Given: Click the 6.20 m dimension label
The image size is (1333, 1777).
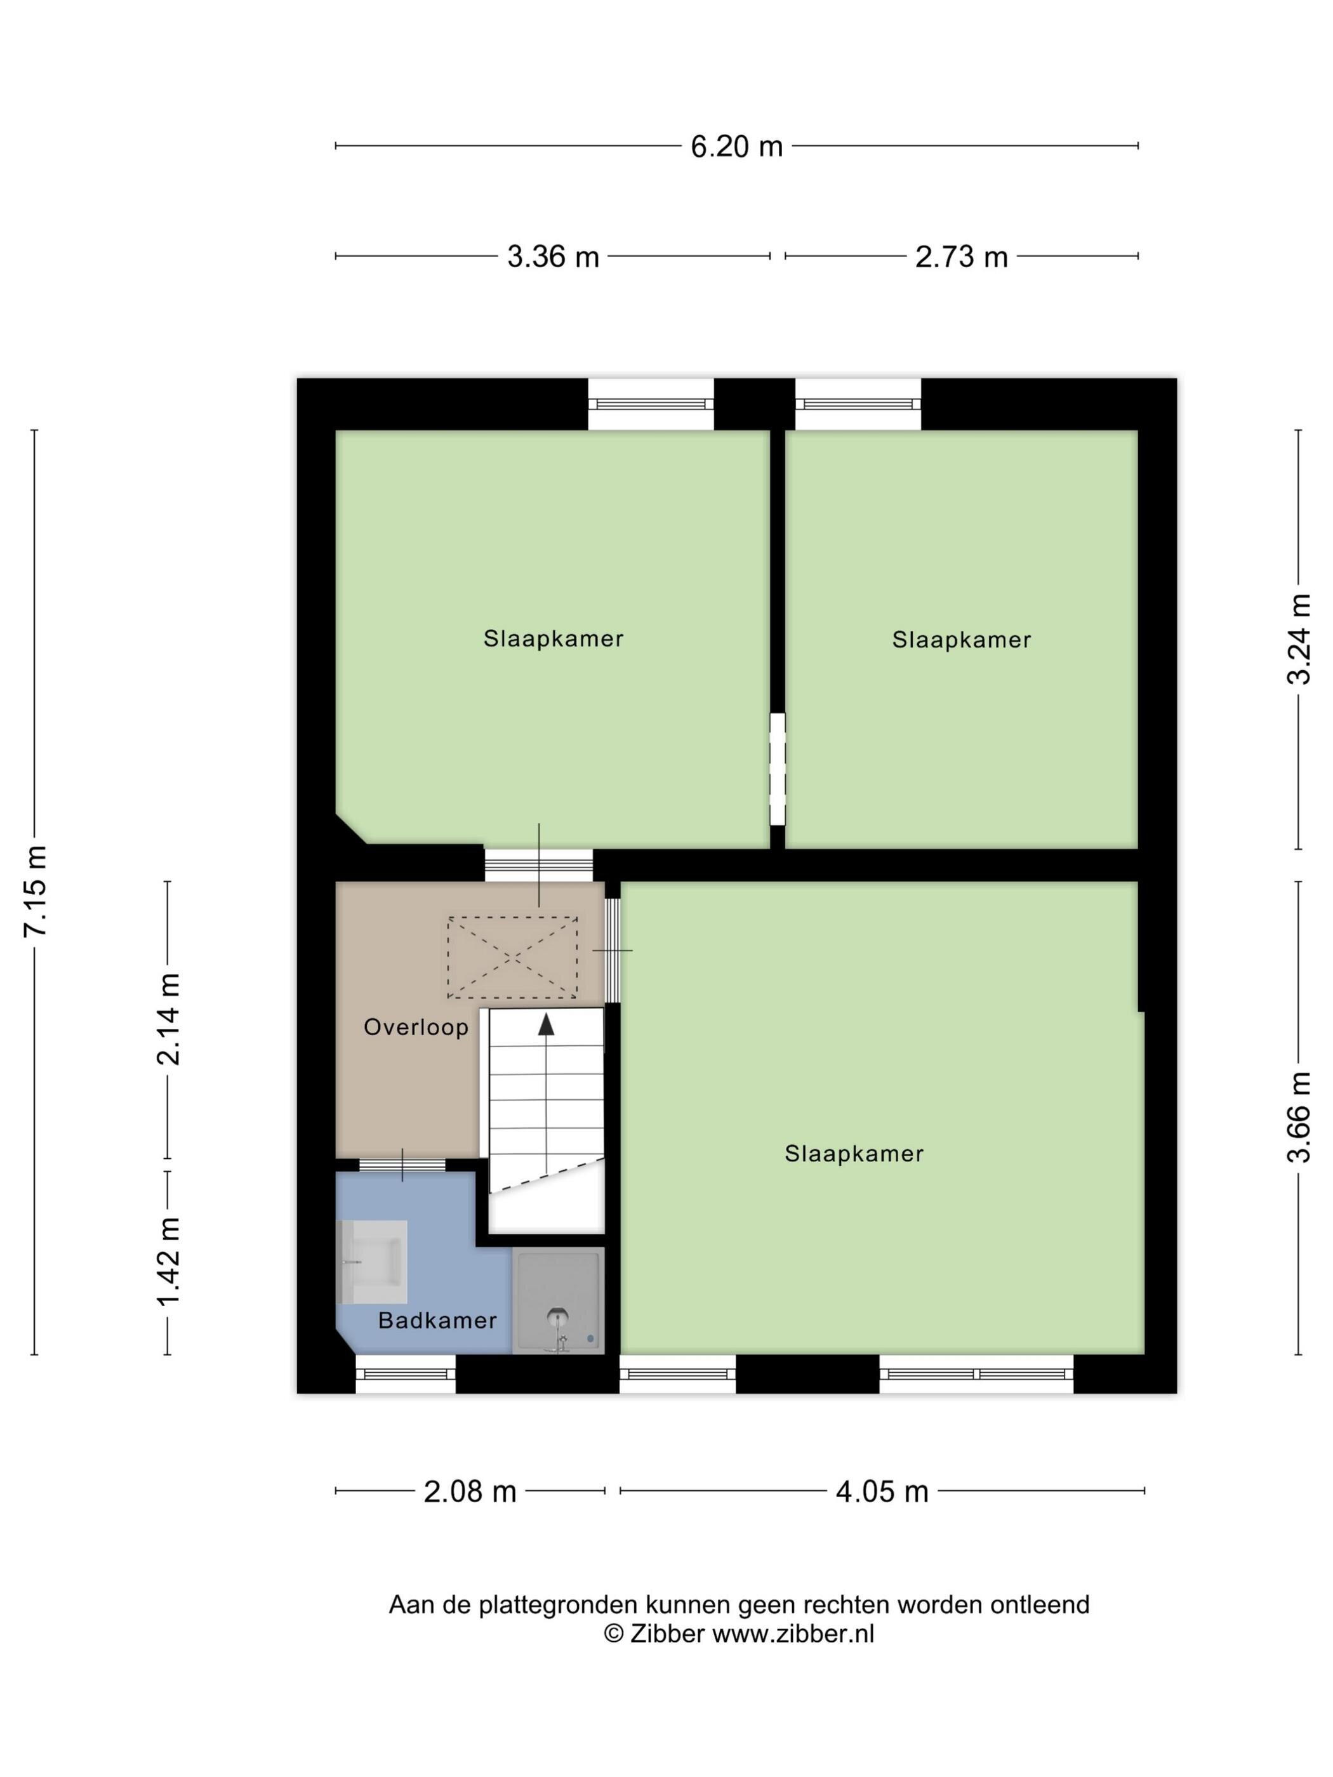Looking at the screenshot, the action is point(736,146).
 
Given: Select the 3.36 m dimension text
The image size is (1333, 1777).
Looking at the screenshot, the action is point(553,256).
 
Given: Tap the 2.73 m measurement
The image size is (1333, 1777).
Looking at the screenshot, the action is point(961,256).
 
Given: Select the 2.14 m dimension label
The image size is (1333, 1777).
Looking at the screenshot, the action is point(168,1019).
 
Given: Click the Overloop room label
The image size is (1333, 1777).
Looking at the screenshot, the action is point(415,1027).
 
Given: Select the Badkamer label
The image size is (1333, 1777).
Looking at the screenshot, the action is point(437,1320).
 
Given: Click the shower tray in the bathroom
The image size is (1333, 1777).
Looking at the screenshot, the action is point(557,1300).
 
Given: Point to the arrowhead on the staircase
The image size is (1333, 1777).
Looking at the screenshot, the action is point(547,1024).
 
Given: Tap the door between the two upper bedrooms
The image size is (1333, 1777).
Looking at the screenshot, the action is point(777,769).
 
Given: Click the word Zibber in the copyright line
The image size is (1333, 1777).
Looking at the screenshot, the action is point(667,1634).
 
